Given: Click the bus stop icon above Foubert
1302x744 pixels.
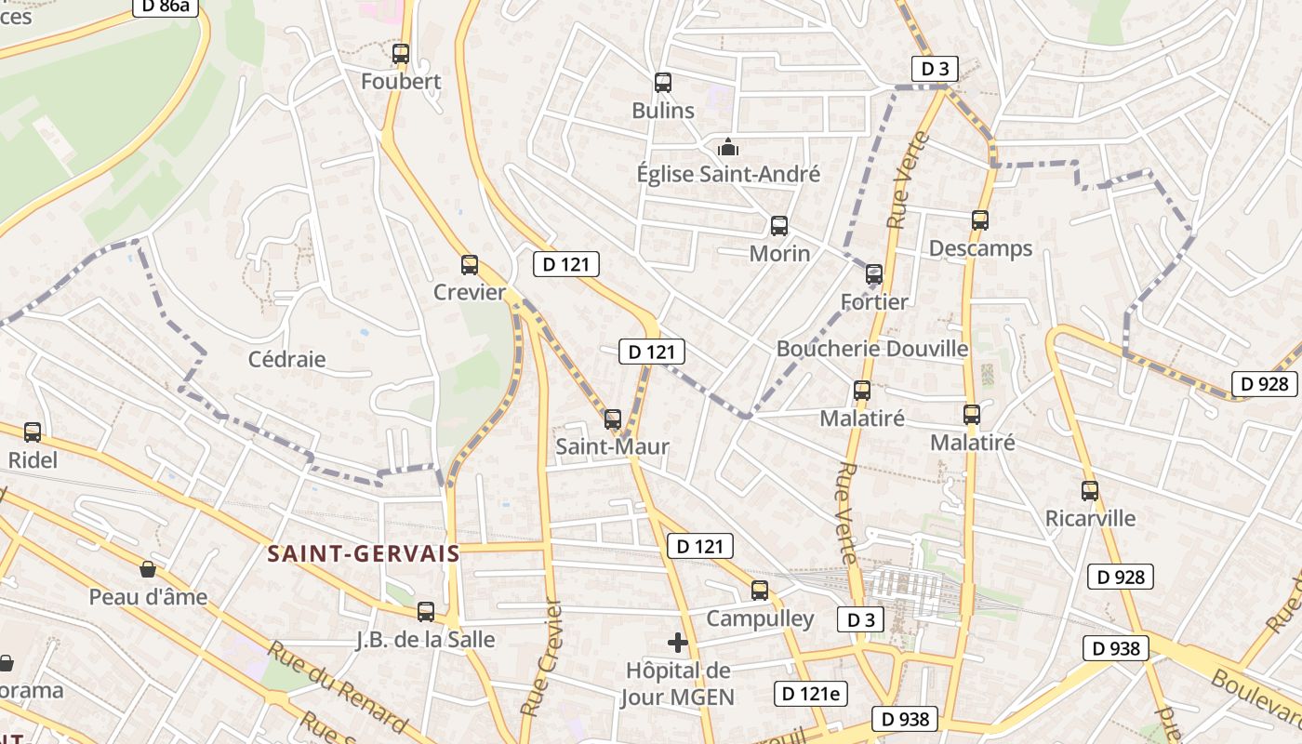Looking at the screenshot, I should click(401, 54).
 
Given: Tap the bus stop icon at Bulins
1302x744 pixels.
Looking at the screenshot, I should click(663, 83).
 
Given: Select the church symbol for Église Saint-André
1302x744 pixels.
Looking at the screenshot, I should click(727, 147).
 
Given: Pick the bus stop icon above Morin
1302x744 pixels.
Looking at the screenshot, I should click(779, 226).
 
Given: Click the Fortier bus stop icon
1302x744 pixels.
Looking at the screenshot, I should click(874, 274).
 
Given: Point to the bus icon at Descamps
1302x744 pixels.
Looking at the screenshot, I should click(980, 220).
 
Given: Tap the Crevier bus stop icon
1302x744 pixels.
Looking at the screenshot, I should click(470, 265).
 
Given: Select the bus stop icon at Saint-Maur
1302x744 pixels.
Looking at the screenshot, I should click(612, 419).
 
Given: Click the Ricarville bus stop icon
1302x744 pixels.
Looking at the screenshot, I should click(1090, 490).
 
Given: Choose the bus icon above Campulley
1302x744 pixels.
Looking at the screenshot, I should click(760, 591).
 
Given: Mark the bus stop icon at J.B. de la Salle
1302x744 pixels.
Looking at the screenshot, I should click(426, 612).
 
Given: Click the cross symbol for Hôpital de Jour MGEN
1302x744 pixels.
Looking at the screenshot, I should click(678, 643).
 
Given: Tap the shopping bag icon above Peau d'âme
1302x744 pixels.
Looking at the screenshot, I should click(148, 569).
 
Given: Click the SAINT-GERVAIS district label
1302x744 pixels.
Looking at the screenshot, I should click(364, 554).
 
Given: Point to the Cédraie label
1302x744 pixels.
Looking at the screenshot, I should click(287, 359).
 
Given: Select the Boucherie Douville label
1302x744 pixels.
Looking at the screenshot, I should click(872, 349).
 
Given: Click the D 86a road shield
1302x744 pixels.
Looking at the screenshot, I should click(167, 7).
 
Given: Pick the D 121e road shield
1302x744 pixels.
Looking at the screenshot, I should click(811, 693).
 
